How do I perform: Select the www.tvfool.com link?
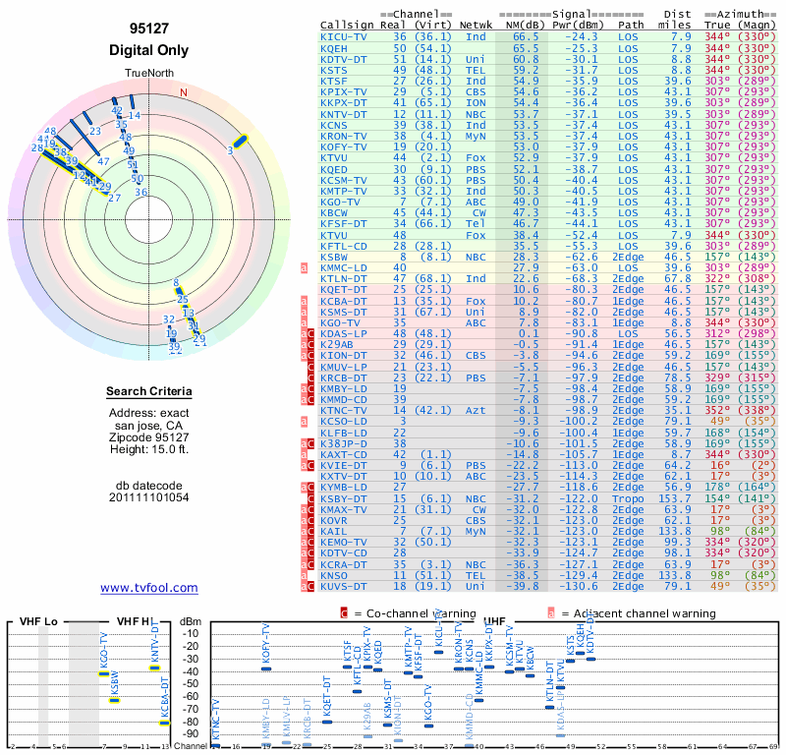click(149, 588)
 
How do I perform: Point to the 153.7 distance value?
click(677, 498)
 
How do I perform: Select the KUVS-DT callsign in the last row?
click(343, 586)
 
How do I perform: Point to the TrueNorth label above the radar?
click(148, 75)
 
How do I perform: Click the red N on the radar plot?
click(183, 92)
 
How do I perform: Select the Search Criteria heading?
click(149, 392)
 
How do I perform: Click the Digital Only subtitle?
click(149, 50)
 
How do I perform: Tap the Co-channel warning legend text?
click(413, 613)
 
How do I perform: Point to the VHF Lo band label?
click(36, 621)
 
